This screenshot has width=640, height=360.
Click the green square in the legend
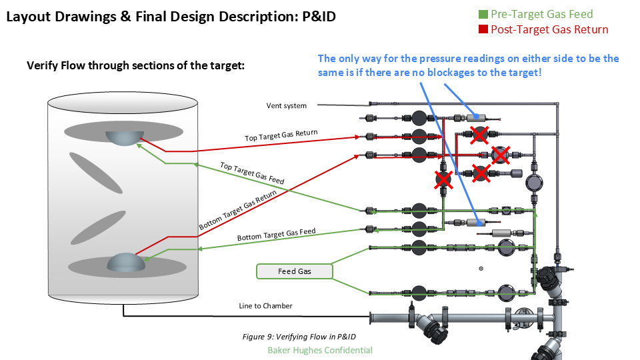click(x=483, y=14)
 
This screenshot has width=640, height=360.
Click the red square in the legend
click(x=483, y=29)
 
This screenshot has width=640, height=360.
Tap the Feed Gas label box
click(x=294, y=271)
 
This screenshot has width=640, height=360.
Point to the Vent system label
click(x=287, y=105)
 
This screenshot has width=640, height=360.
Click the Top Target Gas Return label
click(x=281, y=135)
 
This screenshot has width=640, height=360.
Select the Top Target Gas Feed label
click(x=252, y=173)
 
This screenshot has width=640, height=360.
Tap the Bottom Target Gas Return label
click(x=237, y=211)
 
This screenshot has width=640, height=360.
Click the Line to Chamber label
click(x=265, y=306)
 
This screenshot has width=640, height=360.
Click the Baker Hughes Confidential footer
click(x=319, y=350)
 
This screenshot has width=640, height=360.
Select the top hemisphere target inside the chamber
click(x=124, y=137)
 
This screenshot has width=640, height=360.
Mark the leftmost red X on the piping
click(x=443, y=179)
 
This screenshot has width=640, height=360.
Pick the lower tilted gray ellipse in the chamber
click(x=98, y=227)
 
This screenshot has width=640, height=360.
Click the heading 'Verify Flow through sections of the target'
click(x=136, y=65)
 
